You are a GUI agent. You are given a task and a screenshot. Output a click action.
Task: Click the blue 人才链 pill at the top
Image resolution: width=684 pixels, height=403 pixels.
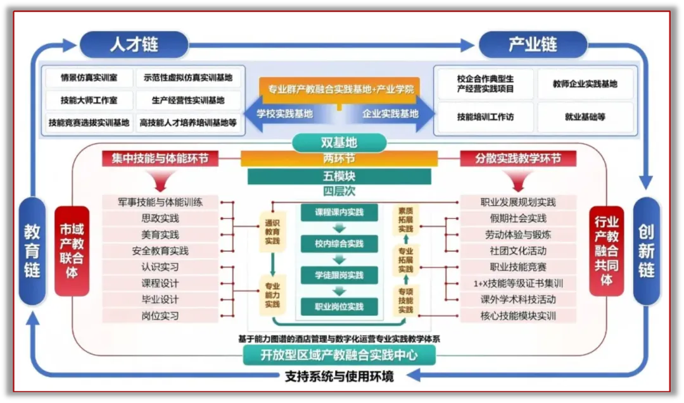click(x=134, y=45)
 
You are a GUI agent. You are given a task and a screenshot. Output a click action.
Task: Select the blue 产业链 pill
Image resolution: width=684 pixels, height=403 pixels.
click(x=533, y=45)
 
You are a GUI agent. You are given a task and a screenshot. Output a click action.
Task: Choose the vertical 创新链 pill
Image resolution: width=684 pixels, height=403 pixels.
click(x=647, y=251)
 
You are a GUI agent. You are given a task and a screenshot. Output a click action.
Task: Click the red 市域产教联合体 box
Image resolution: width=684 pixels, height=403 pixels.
click(x=72, y=251)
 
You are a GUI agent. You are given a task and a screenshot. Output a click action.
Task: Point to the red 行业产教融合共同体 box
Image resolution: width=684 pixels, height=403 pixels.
click(x=606, y=251)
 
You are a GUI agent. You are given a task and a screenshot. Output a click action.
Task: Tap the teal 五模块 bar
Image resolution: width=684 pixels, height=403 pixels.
click(x=339, y=176)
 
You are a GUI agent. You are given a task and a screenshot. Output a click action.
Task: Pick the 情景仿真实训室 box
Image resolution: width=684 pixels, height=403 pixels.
click(x=89, y=78)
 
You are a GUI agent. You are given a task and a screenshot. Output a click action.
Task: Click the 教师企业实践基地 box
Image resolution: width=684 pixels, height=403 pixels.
click(x=585, y=84)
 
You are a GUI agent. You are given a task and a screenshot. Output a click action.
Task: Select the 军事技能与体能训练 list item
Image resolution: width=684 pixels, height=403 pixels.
click(x=160, y=202)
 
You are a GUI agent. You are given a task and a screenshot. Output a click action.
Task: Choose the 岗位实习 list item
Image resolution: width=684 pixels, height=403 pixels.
click(x=160, y=316)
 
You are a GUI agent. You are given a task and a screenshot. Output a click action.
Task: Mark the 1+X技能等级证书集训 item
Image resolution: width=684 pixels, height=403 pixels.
click(x=517, y=283)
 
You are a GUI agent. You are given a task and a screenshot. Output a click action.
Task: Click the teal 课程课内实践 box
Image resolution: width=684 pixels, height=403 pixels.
click(x=339, y=213)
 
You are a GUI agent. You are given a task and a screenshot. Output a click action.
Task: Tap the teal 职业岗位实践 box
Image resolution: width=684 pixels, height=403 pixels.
click(x=339, y=307)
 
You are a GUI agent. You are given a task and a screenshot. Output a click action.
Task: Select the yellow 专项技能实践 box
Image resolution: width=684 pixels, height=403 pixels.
click(x=405, y=301)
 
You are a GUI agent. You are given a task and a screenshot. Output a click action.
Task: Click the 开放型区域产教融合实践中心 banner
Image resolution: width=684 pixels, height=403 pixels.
click(x=339, y=355)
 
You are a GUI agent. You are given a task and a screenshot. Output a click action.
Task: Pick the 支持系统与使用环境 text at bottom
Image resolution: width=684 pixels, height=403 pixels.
click(x=339, y=376)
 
